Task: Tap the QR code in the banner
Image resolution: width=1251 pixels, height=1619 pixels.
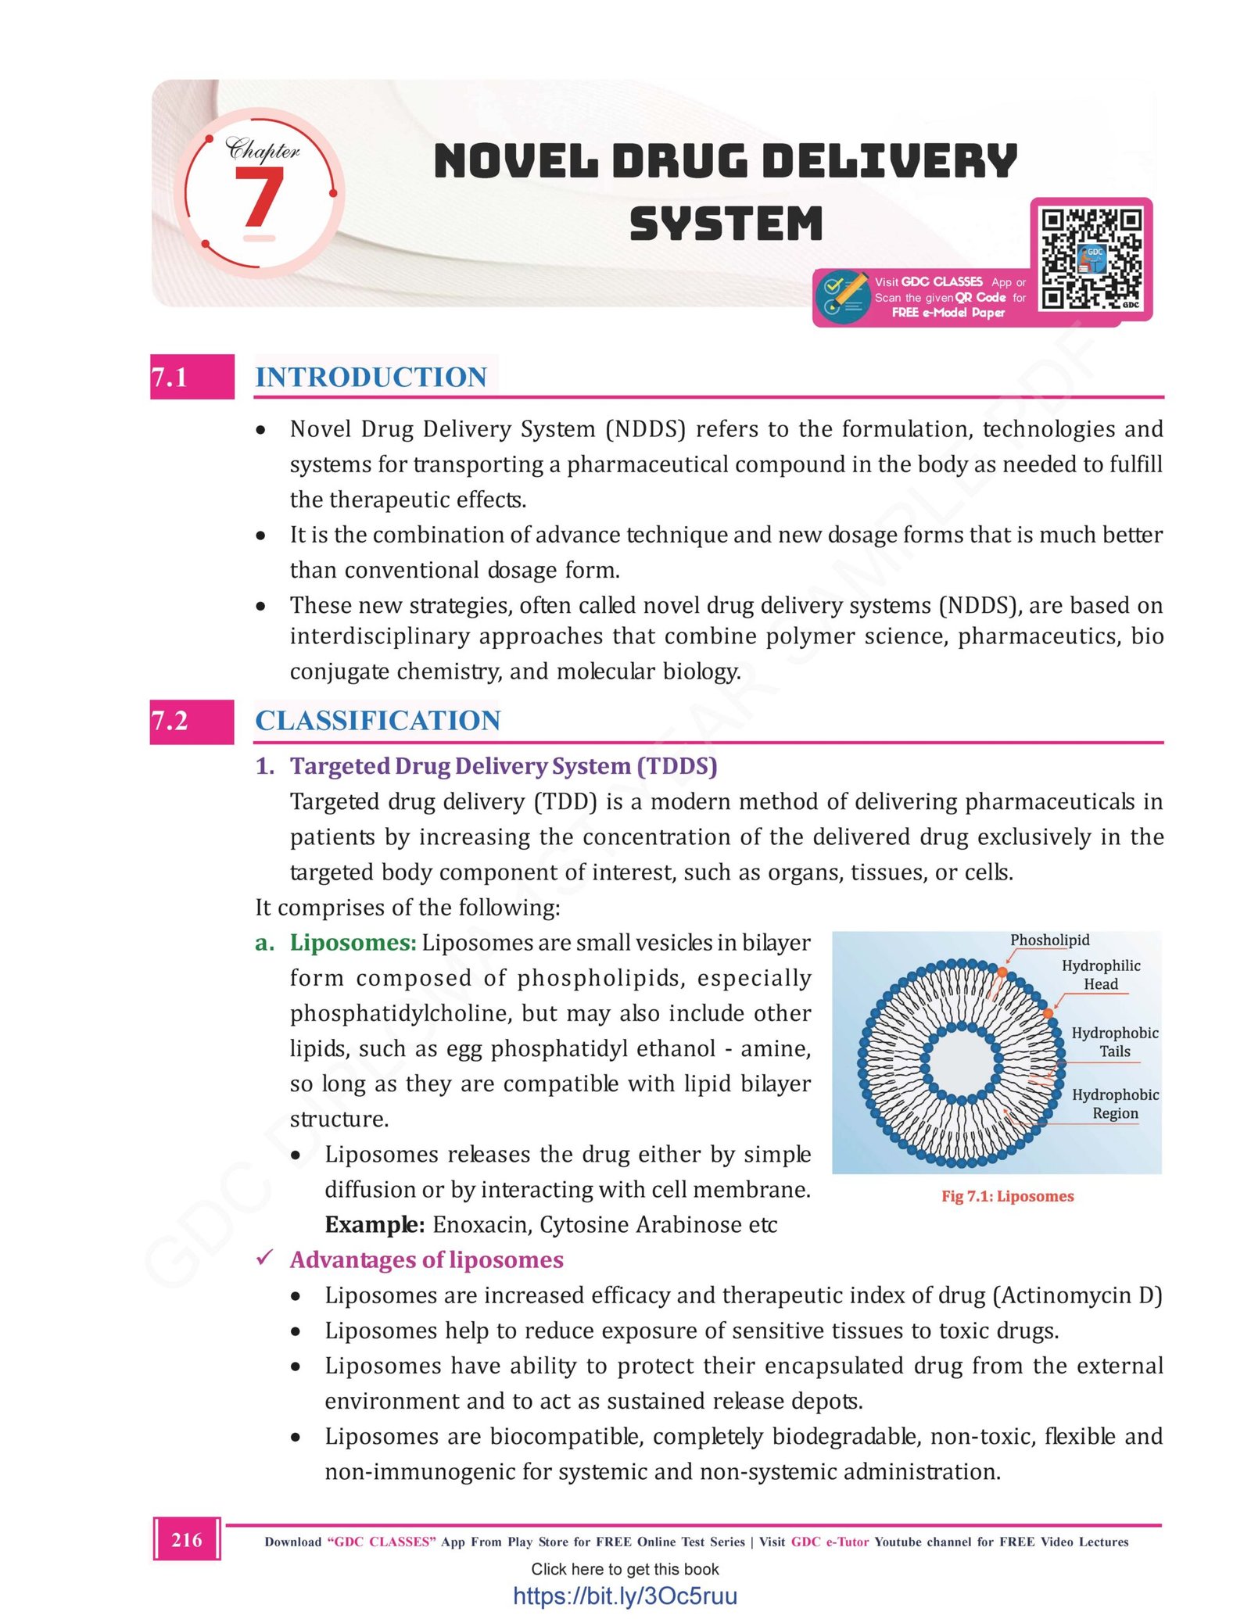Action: (1091, 258)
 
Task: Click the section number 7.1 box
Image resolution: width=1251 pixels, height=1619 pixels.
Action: (192, 377)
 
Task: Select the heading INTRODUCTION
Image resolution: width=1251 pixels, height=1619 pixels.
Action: (371, 378)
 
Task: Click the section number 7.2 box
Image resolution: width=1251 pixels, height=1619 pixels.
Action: (192, 721)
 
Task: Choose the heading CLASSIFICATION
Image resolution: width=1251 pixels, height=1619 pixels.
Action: (378, 721)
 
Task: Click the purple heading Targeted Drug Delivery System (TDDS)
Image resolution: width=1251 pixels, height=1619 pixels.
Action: (503, 766)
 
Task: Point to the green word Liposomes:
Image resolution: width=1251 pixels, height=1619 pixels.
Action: (353, 943)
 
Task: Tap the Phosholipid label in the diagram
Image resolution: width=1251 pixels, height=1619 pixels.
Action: (1049, 940)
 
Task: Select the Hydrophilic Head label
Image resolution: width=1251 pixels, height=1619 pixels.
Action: (1101, 975)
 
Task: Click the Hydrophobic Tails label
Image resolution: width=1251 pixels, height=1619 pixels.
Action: (1114, 1042)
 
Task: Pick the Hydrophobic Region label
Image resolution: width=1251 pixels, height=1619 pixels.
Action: (1115, 1104)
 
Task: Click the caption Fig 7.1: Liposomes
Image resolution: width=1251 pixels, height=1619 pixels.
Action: (1007, 1196)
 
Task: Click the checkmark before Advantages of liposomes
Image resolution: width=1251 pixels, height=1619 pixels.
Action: (265, 1258)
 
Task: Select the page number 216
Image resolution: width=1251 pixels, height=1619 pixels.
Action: (187, 1540)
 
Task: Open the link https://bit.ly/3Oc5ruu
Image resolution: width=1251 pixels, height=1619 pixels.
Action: (625, 1596)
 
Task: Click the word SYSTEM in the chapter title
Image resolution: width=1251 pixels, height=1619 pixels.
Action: (726, 224)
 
